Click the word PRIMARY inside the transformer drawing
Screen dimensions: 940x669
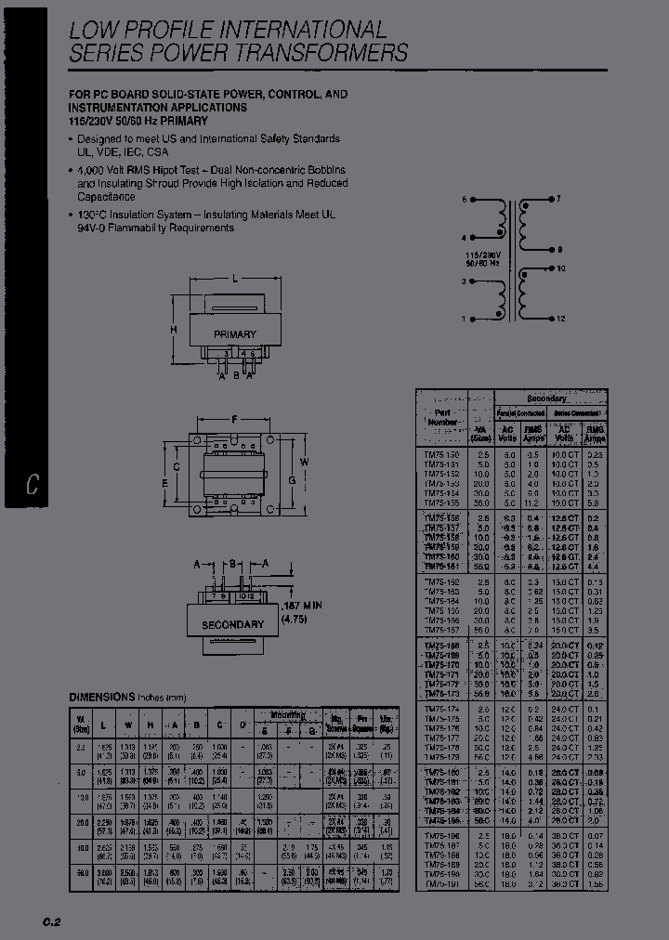point(234,334)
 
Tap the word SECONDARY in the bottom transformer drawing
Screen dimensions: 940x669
point(232,624)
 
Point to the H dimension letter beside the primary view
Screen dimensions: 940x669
point(173,330)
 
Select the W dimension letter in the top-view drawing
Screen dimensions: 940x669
point(303,462)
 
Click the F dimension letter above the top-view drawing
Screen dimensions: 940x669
point(236,419)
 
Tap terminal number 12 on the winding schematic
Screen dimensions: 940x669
point(561,320)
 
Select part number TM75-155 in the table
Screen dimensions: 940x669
point(440,502)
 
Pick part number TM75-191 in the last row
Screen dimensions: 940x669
point(440,884)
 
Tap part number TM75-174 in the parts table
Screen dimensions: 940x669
point(440,710)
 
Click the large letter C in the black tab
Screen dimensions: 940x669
point(33,485)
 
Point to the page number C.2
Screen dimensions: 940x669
point(50,921)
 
